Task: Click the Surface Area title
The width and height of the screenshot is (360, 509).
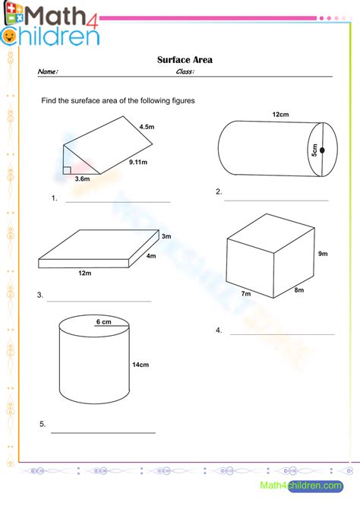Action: (x=185, y=60)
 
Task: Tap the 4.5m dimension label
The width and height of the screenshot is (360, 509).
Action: (x=147, y=127)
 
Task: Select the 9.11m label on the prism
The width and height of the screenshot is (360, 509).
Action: (x=138, y=162)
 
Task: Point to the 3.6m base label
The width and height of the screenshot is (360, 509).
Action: (x=83, y=179)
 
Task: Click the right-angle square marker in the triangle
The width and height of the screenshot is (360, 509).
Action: (x=67, y=170)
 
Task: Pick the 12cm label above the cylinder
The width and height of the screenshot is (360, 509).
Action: (x=280, y=114)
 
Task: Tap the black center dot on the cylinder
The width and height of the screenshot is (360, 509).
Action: (x=322, y=150)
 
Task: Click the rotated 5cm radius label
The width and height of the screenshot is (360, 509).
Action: (x=314, y=150)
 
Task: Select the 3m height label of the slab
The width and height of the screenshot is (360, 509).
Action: (x=166, y=236)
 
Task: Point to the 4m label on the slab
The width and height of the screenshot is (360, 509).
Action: (x=151, y=256)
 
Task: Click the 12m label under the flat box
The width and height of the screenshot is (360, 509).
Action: (x=85, y=273)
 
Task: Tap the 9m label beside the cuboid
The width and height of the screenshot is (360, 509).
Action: (x=323, y=254)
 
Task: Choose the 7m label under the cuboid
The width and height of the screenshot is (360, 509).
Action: (x=246, y=294)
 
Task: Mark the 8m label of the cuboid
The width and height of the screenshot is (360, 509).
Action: (x=299, y=290)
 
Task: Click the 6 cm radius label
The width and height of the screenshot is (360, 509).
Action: (x=103, y=321)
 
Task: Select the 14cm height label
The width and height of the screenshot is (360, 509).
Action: (x=141, y=365)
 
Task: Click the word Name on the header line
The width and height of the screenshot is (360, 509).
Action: (x=48, y=71)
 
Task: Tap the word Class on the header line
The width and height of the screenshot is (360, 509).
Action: (x=185, y=71)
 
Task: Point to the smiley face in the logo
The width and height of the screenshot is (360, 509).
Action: (x=9, y=36)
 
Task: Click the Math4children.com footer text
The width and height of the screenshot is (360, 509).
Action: (x=302, y=485)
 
